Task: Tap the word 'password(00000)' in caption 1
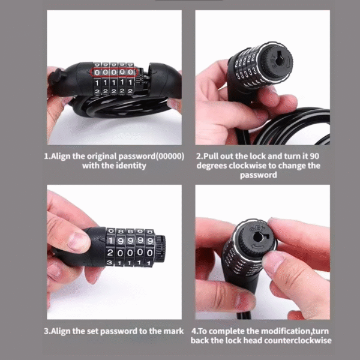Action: coord(151,157)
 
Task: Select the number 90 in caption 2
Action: coord(314,156)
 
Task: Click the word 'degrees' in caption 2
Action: coord(211,166)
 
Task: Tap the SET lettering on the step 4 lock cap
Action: coord(257,229)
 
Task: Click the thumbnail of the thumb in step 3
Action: coord(77,241)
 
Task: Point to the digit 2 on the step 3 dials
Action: coord(110,253)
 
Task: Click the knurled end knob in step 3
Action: coord(160,249)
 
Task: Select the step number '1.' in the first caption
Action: coord(47,157)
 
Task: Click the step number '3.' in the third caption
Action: coord(47,331)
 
